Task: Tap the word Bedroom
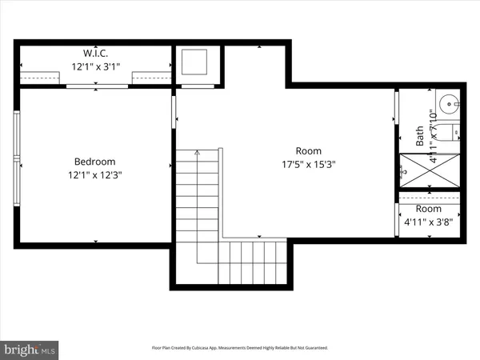pos(95,161)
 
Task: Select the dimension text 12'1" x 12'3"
pos(95,174)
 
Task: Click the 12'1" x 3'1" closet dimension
pos(95,66)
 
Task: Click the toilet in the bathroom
pos(450,134)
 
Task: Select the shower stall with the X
pos(429,170)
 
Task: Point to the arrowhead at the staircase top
pos(196,151)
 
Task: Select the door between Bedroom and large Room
pos(173,112)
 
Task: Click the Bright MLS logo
pos(30,349)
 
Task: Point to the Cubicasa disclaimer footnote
pos(240,348)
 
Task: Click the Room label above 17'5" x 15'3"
pos(308,150)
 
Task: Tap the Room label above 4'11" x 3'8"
pos(428,209)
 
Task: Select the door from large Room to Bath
pos(396,108)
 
